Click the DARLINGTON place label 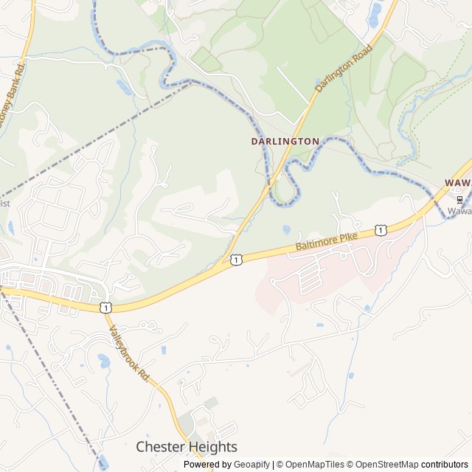click(x=285, y=141)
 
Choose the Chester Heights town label click(x=187, y=447)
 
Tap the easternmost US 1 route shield click(x=380, y=231)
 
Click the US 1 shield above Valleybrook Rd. click(x=107, y=307)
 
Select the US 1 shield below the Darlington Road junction click(x=235, y=259)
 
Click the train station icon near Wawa click(x=459, y=200)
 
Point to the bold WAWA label click(x=457, y=181)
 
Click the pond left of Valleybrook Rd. click(x=104, y=361)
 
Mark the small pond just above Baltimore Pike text click(x=286, y=230)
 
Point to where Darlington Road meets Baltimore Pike click(x=223, y=260)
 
